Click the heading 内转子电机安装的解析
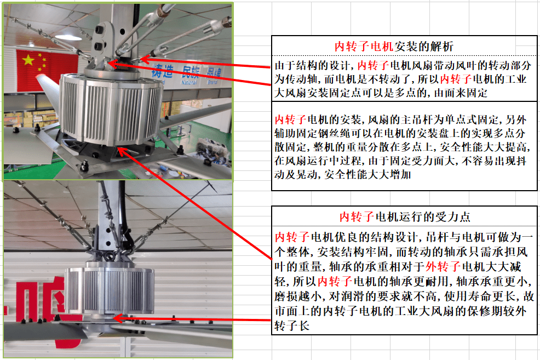(x=394, y=46)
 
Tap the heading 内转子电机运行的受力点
(x=405, y=216)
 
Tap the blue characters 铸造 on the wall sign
(x=162, y=71)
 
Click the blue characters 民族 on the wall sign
(x=191, y=72)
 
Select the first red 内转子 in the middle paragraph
(x=290, y=119)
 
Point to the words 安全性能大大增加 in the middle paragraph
(x=367, y=175)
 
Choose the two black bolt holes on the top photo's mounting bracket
(x=100, y=38)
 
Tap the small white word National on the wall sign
(x=189, y=83)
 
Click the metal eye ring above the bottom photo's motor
(x=110, y=257)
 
